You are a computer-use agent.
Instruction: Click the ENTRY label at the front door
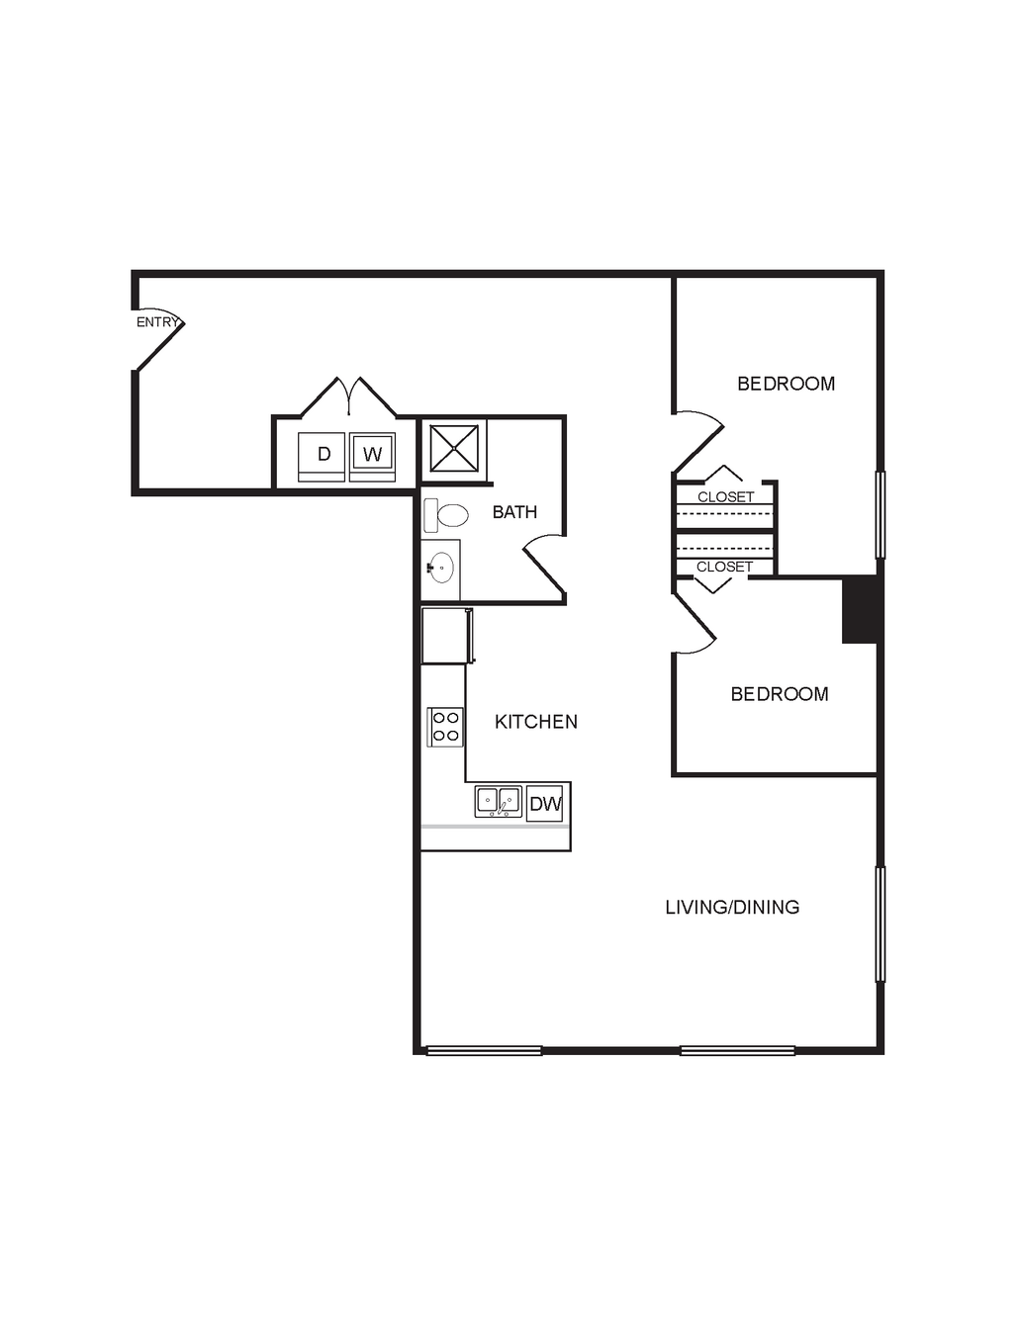pyautogui.click(x=157, y=322)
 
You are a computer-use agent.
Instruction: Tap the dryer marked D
pyautogui.click(x=322, y=457)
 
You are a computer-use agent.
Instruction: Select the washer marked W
pyautogui.click(x=372, y=457)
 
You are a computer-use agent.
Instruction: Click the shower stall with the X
pyautogui.click(x=454, y=448)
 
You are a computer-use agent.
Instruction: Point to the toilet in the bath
pyautogui.click(x=446, y=515)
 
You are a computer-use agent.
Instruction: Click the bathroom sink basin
pyautogui.click(x=441, y=568)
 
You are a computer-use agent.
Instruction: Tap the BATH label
pyautogui.click(x=514, y=512)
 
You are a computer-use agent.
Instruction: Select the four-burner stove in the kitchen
pyautogui.click(x=445, y=727)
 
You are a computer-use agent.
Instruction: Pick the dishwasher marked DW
pyautogui.click(x=545, y=804)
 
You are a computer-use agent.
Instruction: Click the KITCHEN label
pyautogui.click(x=536, y=722)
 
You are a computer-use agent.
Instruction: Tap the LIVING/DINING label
pyautogui.click(x=732, y=908)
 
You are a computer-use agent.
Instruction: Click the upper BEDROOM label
pyautogui.click(x=787, y=384)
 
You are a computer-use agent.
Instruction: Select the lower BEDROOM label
pyautogui.click(x=780, y=694)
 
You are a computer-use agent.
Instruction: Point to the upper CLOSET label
pyautogui.click(x=726, y=497)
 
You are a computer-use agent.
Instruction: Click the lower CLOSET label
pyautogui.click(x=725, y=568)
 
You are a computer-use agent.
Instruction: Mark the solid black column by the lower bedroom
pyautogui.click(x=860, y=608)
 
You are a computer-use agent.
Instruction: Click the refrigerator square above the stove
pyautogui.click(x=446, y=635)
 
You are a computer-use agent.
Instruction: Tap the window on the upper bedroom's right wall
pyautogui.click(x=880, y=514)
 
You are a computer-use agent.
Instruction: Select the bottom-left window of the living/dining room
pyautogui.click(x=484, y=1050)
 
